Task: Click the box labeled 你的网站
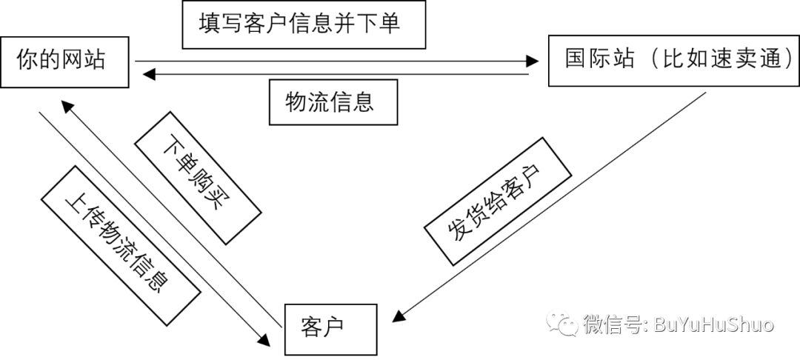click(x=63, y=61)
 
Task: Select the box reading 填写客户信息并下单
click(x=304, y=24)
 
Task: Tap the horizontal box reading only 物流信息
click(x=333, y=102)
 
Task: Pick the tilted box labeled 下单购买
click(x=197, y=178)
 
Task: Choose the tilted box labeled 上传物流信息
click(x=119, y=245)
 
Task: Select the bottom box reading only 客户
click(x=331, y=328)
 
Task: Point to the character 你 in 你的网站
click(x=27, y=60)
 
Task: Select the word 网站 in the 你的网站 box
click(x=83, y=60)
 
